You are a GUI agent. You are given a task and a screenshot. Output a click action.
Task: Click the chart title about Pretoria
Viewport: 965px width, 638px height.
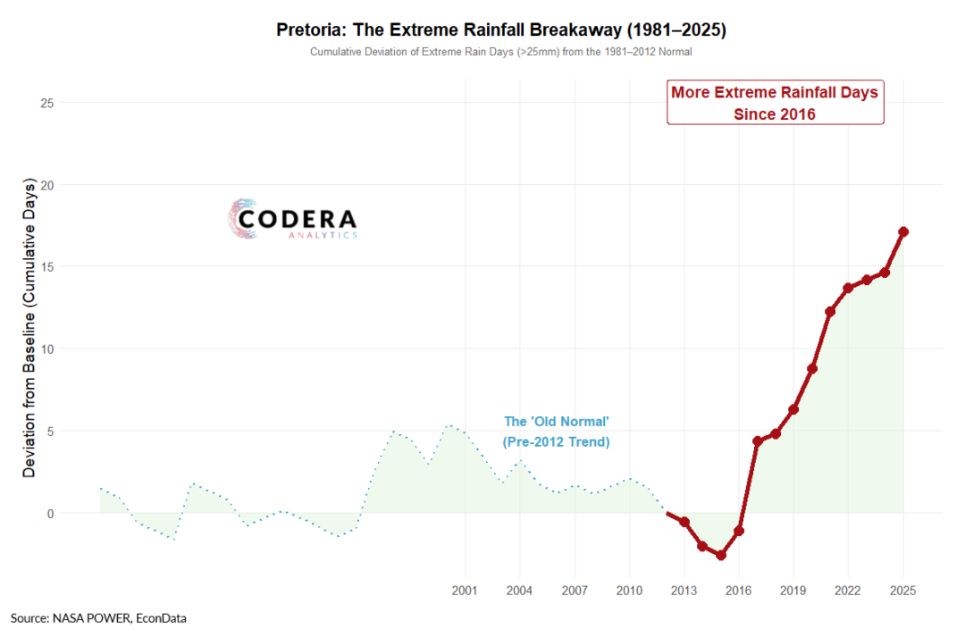click(x=501, y=30)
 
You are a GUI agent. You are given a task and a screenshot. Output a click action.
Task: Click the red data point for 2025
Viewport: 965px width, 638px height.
click(x=903, y=231)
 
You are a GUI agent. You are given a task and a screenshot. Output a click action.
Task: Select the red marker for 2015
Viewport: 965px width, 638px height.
click(x=721, y=555)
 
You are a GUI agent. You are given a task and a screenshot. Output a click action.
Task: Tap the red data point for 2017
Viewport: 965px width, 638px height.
click(x=758, y=441)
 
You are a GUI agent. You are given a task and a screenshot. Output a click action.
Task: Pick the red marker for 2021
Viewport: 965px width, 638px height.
click(x=830, y=312)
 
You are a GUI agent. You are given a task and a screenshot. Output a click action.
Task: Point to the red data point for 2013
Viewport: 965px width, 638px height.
click(x=684, y=522)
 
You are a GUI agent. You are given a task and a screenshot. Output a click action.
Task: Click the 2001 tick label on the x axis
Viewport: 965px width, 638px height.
click(x=465, y=591)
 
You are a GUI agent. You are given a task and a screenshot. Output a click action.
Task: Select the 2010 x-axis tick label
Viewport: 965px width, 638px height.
click(x=629, y=591)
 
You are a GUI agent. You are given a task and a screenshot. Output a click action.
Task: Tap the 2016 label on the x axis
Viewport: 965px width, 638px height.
click(x=739, y=591)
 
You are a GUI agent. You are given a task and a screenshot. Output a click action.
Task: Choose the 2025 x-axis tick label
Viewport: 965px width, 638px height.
click(x=903, y=591)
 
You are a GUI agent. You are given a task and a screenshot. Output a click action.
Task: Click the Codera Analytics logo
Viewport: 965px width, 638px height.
click(x=293, y=220)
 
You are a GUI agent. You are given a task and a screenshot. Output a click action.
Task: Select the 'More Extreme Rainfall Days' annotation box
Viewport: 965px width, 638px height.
click(x=775, y=103)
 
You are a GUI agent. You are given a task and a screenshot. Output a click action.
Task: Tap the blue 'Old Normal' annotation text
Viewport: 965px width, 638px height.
click(x=557, y=432)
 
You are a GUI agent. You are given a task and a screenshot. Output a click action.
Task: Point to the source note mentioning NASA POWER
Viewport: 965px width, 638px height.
click(x=98, y=617)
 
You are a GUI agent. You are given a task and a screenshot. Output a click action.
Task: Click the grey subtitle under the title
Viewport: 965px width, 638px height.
click(x=501, y=53)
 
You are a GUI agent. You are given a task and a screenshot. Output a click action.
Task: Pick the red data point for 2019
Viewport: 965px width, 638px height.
click(x=793, y=409)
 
